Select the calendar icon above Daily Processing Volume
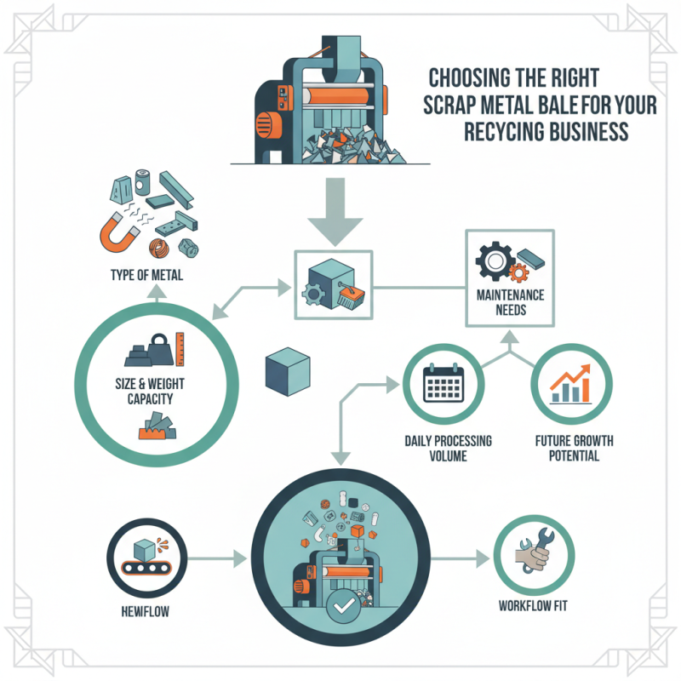click(442, 387)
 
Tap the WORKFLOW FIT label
click(534, 606)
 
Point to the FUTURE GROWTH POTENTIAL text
click(573, 448)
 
